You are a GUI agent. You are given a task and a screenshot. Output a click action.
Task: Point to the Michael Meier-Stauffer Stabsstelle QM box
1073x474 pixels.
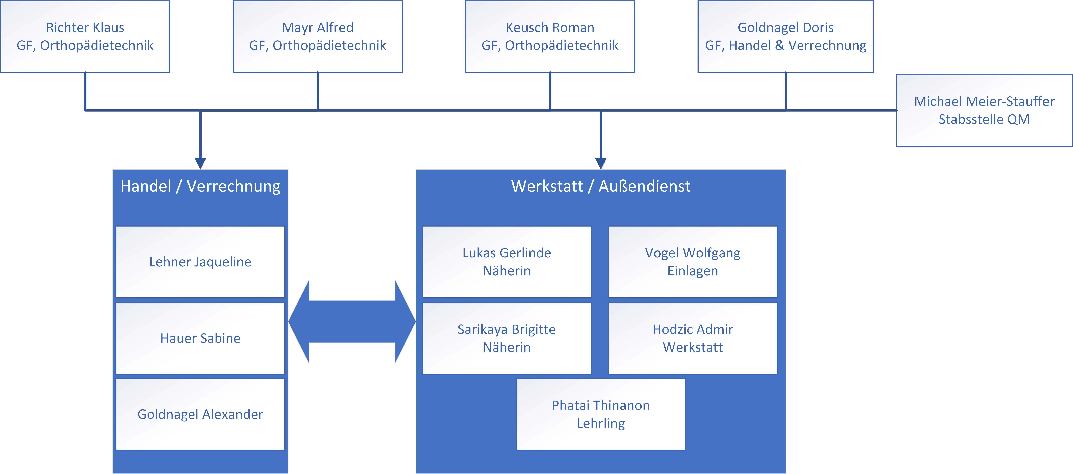(x=984, y=110)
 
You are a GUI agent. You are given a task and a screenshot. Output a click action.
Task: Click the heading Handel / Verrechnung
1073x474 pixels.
(x=200, y=186)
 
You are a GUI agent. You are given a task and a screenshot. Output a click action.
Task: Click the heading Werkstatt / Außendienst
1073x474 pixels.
(x=601, y=186)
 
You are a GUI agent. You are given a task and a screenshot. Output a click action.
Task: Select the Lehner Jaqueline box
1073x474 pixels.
(x=200, y=262)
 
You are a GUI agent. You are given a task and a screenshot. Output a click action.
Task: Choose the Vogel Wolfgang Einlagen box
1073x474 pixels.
(x=693, y=262)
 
